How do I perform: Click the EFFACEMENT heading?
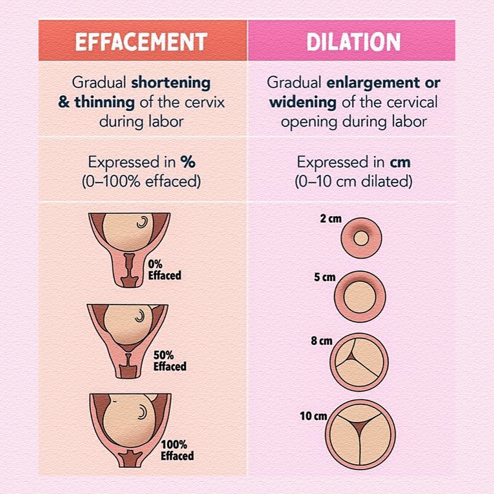[x=141, y=42]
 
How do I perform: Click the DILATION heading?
[x=354, y=42]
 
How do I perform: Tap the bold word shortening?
[x=171, y=83]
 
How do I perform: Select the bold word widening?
[x=303, y=102]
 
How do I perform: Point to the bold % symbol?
[x=188, y=162]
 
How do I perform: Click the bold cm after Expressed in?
[x=400, y=162]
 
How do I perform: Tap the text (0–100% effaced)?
[x=141, y=182]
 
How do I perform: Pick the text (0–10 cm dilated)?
[x=354, y=182]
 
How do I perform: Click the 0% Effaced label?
[x=165, y=270]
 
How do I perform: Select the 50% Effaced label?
[x=170, y=361]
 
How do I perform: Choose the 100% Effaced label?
[x=177, y=450]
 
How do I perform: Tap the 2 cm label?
[x=331, y=219]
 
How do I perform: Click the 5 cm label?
[x=324, y=277]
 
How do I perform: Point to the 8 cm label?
[x=322, y=341]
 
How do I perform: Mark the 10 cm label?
[x=313, y=416]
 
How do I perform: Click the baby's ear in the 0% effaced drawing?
[x=142, y=222]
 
